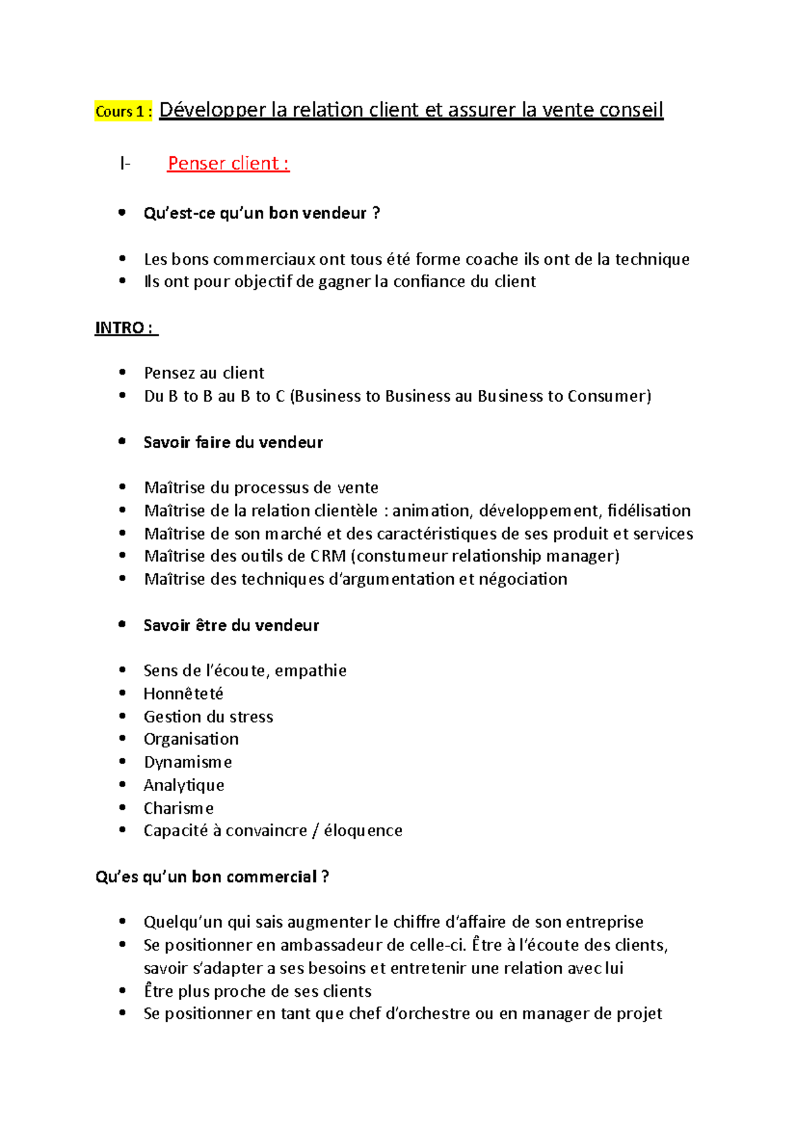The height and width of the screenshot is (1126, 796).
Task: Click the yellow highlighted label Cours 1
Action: pos(123,111)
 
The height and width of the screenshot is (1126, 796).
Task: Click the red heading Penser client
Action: pos(228,163)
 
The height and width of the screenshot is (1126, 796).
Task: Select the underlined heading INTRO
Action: pos(125,328)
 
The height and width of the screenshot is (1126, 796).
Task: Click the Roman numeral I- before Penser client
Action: pos(125,163)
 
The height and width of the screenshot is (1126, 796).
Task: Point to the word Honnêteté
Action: pos(183,694)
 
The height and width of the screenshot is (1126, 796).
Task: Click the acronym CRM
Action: pos(328,556)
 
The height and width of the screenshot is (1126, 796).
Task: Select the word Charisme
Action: pos(178,808)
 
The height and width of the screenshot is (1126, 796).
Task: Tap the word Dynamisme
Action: pos(188,762)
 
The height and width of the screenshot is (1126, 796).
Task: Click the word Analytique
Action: pos(184,785)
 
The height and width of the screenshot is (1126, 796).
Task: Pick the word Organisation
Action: pos(191,739)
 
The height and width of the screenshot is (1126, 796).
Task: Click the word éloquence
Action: pos(363,830)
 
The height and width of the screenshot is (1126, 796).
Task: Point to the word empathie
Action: pos(310,670)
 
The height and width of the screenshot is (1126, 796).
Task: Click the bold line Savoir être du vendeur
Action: pos(231,625)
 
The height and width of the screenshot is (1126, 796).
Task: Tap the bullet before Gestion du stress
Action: pos(122,716)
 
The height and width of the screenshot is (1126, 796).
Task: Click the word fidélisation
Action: pos(649,511)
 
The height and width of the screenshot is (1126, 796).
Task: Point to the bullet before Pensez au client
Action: pos(122,373)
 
